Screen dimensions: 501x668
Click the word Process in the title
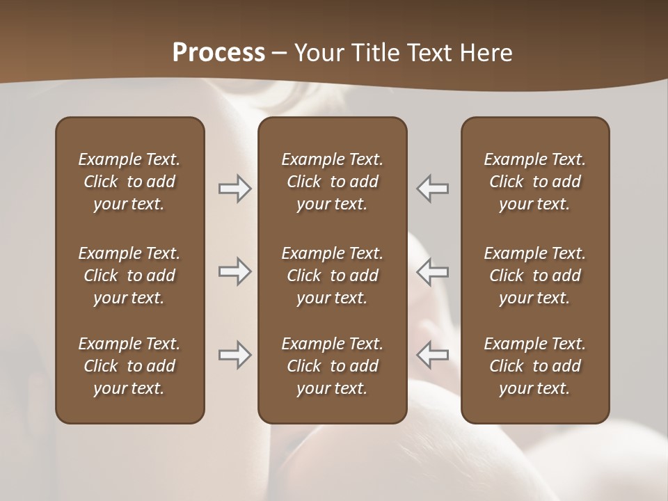[x=218, y=53]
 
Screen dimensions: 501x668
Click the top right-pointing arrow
[x=234, y=189]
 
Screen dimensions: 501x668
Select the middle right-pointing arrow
[x=234, y=271]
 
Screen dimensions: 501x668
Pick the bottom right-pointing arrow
[x=234, y=355]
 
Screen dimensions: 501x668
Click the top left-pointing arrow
[x=433, y=189]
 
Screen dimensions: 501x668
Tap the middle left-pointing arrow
[x=433, y=271]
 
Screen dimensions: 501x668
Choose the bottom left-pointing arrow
[x=433, y=355]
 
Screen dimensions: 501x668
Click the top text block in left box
[x=129, y=182]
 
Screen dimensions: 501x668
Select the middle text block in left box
[x=129, y=276]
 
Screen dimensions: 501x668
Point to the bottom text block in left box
[x=129, y=366]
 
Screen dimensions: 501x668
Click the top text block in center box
[x=332, y=182]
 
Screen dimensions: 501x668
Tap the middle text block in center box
[x=332, y=276]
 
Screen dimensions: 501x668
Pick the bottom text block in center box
[x=332, y=366]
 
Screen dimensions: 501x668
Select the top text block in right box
[x=535, y=182]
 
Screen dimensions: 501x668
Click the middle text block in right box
[x=535, y=276]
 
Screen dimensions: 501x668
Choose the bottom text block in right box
[x=535, y=366]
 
